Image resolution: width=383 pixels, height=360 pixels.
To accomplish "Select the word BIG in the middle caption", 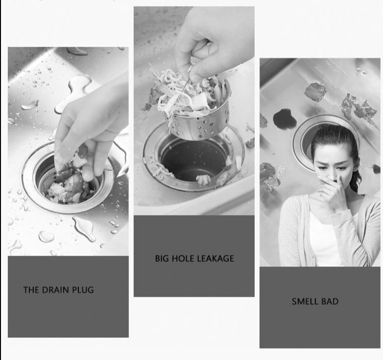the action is tap(162, 259).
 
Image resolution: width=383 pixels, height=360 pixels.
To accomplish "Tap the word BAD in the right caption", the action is tap(330, 302).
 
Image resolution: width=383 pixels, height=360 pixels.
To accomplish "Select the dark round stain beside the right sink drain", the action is tap(284, 118).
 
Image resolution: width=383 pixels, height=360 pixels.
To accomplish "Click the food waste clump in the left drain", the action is tap(68, 186).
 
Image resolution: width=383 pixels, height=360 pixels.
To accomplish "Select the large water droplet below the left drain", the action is tap(85, 228).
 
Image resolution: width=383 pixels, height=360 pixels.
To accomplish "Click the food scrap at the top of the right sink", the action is tap(315, 91).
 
